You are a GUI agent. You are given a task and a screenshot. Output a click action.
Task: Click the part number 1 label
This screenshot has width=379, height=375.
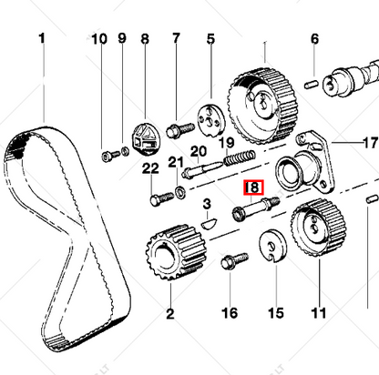pyautogui.click(x=40, y=39)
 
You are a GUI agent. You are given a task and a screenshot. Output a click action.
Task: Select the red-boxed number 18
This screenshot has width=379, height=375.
pyautogui.click(x=251, y=188)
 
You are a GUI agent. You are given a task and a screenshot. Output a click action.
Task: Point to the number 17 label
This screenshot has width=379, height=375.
pyautogui.click(x=368, y=142)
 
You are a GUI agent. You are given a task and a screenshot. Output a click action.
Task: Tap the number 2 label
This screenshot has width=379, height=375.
pyautogui.click(x=169, y=313)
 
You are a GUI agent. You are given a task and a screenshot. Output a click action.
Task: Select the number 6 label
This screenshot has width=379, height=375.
pyautogui.click(x=314, y=39)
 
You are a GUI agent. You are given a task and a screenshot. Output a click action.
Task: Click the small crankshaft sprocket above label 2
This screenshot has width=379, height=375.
pyautogui.click(x=169, y=254)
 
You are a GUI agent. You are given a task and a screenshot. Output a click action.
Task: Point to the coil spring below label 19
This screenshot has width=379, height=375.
pyautogui.click(x=239, y=159)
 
